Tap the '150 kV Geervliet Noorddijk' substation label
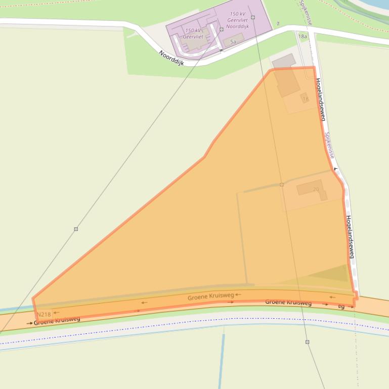coord(237,20)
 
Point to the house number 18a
coord(302,36)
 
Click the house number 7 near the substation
coord(278,24)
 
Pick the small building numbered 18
coord(305,99)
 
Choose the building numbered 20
coord(312,189)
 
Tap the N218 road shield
coord(44,314)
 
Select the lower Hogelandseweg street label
coord(350,237)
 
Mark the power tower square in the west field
coord(76,229)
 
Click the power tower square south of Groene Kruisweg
coord(307,342)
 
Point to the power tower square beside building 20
coord(282,185)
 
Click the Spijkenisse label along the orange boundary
coord(330,145)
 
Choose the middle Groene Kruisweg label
coord(210,297)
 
